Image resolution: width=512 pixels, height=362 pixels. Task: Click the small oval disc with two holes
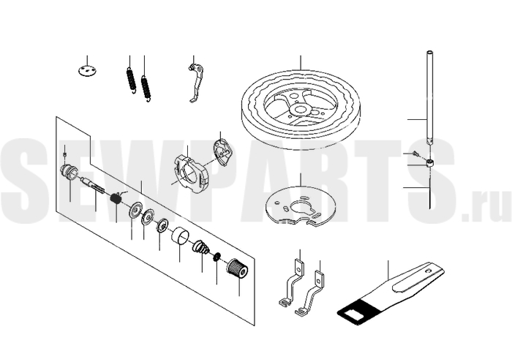coord(88,71)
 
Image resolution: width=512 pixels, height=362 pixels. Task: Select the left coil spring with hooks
coord(131,79)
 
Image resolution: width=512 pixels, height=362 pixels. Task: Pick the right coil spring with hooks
coord(146,88)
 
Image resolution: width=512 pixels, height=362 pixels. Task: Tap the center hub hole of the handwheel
coord(300,110)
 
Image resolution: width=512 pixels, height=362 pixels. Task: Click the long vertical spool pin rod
coord(429,97)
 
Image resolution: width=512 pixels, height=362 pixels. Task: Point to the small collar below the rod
coord(430,162)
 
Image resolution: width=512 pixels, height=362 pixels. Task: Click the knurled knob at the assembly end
coord(237,268)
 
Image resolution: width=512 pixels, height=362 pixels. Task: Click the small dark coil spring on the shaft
coord(116,198)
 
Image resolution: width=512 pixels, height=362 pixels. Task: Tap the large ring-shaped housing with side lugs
coord(191,173)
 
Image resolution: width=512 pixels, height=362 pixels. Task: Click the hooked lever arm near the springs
coord(196,83)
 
